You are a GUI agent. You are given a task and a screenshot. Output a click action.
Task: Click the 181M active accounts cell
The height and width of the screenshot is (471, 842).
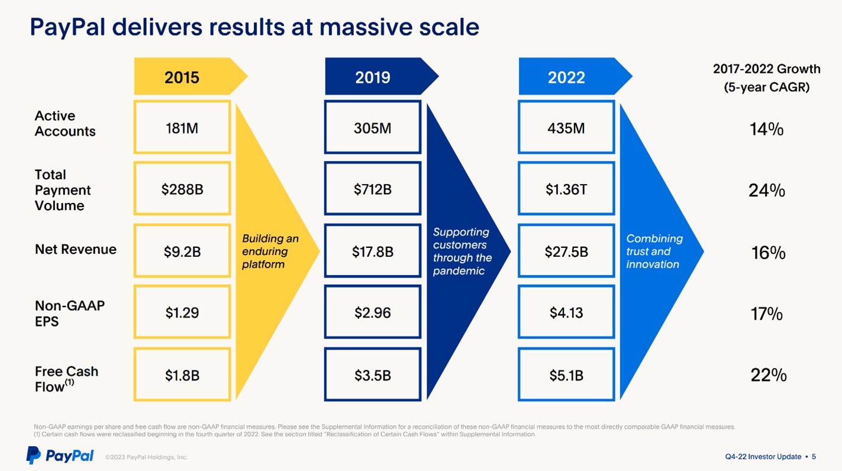coord(182,127)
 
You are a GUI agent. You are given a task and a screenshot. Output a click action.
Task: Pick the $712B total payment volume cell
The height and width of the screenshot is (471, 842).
coord(373,189)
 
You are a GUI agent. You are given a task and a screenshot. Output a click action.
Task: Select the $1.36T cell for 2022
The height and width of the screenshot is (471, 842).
coord(566,189)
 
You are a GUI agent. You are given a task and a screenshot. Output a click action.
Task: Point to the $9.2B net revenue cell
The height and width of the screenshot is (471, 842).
coord(182,251)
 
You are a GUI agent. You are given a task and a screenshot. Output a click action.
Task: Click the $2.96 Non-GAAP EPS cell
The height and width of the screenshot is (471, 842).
coord(373,312)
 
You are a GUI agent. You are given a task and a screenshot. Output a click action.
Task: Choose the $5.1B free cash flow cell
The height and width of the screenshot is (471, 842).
coord(566,375)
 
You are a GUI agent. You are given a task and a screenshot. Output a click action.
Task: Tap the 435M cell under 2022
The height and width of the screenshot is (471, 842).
coord(566,127)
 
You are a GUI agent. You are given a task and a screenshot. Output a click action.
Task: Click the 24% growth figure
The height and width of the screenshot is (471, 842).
coord(767,191)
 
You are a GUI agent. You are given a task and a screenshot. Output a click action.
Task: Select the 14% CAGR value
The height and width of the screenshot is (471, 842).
coord(767,129)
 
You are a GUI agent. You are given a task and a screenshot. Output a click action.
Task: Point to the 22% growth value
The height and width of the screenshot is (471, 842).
coord(768,375)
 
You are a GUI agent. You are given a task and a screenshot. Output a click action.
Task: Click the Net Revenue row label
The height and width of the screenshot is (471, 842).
coord(76,250)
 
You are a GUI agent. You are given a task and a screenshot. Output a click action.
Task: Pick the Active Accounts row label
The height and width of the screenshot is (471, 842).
coord(64,124)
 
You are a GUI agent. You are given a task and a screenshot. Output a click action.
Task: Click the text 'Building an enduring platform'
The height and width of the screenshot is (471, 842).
coord(270,251)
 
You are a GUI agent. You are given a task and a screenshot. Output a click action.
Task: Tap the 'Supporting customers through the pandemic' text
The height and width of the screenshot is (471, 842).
coord(462,251)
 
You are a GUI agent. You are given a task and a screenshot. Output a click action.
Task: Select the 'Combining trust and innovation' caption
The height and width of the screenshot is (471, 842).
coord(654,251)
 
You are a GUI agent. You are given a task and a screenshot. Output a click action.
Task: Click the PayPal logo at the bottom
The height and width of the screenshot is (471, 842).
coord(60,456)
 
